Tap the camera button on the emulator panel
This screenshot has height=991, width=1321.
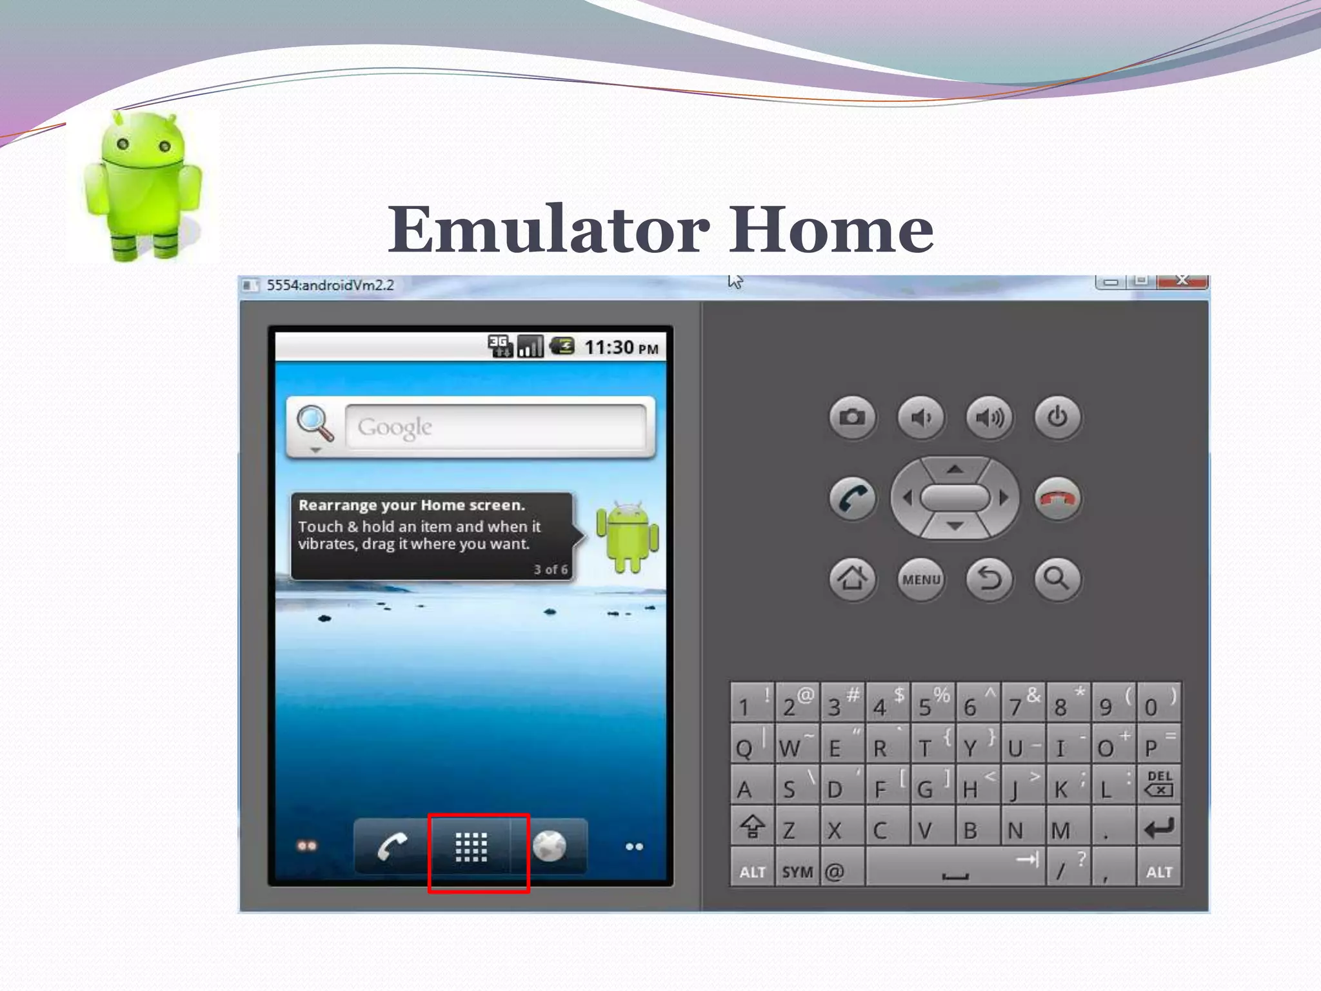click(x=852, y=417)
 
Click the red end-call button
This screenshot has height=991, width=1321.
click(x=1057, y=499)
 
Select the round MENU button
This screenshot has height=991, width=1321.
click(x=921, y=579)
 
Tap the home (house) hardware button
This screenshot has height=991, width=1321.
click(x=852, y=579)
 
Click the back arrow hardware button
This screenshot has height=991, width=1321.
click(x=989, y=579)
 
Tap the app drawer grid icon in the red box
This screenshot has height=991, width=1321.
click(x=472, y=847)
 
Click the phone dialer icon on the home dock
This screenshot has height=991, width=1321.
click(x=392, y=847)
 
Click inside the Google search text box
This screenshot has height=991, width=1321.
click(x=495, y=427)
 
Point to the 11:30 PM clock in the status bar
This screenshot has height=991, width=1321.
click(x=621, y=348)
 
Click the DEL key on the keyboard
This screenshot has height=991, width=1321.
click(x=1159, y=784)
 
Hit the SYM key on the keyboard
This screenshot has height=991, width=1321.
click(x=797, y=872)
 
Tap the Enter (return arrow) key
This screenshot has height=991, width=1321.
click(x=1159, y=828)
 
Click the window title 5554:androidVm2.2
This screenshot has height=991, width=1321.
click(x=330, y=285)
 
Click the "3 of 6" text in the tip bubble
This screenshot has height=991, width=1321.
click(x=550, y=570)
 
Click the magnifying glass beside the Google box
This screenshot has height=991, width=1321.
click(x=315, y=424)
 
